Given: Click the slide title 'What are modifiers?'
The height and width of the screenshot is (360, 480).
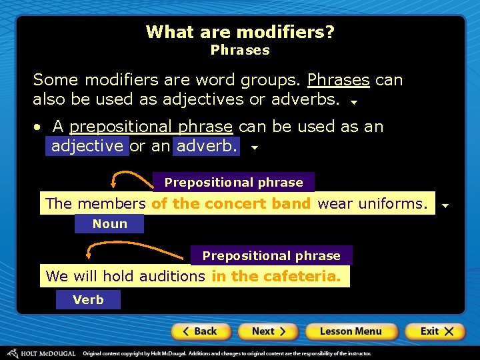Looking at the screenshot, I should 240,32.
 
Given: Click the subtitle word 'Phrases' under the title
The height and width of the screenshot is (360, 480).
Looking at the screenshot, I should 240,50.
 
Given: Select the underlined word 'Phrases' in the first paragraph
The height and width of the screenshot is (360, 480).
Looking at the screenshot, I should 338,80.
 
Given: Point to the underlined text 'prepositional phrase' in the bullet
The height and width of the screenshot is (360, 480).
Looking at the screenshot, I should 151,127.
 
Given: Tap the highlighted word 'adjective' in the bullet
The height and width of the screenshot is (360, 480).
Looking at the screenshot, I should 87,146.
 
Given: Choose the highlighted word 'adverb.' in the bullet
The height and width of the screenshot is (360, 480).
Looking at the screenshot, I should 207,146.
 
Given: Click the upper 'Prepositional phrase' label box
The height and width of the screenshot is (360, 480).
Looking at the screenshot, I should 233,183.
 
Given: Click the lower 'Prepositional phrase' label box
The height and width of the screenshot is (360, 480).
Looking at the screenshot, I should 271,256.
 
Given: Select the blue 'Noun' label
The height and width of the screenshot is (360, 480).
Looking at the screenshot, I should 109,224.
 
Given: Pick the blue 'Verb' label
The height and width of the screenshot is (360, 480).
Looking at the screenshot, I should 88,300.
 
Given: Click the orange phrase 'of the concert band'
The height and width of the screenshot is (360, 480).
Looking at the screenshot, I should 231,204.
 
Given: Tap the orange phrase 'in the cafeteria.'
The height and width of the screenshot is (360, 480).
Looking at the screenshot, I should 276,276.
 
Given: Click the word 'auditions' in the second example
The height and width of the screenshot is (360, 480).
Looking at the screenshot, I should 171,276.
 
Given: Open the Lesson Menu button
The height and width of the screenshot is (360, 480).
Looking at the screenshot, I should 351,331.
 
